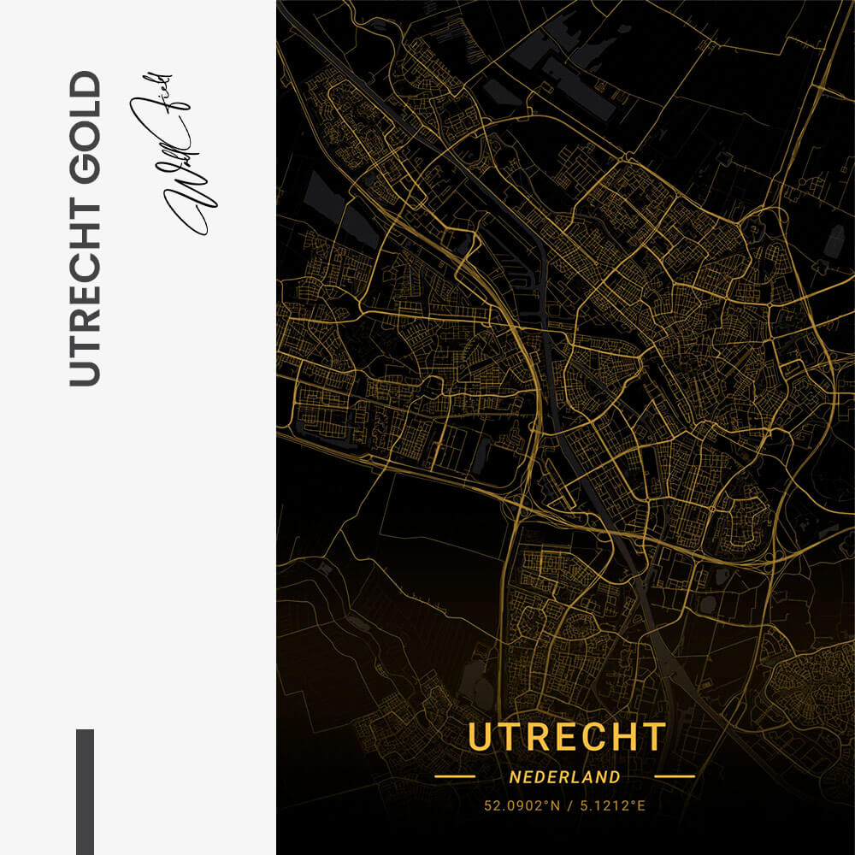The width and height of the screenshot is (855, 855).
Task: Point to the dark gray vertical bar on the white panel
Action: pyautogui.click(x=85, y=791)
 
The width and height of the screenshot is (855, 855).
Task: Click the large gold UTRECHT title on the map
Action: pyautogui.click(x=567, y=737)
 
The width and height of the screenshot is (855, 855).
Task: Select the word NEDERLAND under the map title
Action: pyautogui.click(x=564, y=777)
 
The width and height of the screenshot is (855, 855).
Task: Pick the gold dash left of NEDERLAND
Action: pyautogui.click(x=454, y=777)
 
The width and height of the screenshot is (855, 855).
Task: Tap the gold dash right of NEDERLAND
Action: pyautogui.click(x=675, y=777)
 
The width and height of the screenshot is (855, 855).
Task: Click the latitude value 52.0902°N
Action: pyautogui.click(x=516, y=805)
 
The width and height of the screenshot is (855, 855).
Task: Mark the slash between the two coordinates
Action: pyautogui.click(x=566, y=805)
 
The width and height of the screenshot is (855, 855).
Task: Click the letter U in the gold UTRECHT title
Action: pyautogui.click(x=481, y=737)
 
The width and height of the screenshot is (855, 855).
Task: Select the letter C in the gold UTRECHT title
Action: pyautogui.click(x=594, y=737)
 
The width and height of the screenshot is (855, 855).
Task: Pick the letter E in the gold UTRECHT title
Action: pyautogui.click(x=567, y=737)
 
